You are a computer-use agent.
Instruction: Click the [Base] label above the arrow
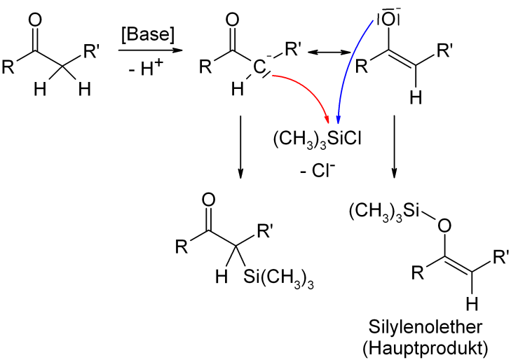coord(148,34)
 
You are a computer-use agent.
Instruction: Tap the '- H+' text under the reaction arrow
coord(146,67)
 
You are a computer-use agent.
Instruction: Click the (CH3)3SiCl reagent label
coord(317,140)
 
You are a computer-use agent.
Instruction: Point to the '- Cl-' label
coord(318,170)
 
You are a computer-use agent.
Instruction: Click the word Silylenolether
coord(425,327)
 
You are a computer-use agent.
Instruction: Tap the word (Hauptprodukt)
coord(425,348)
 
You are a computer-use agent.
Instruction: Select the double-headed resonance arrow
coord(329,52)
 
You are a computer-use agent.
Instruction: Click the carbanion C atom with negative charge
coord(260,67)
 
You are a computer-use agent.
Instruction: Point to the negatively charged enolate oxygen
coord(388,20)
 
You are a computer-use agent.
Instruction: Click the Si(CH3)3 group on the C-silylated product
coord(278,277)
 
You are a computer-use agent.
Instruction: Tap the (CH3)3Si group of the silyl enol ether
coord(383,211)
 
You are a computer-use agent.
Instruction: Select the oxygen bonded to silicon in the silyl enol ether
coord(444,226)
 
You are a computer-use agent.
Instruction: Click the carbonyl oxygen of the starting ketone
coord(35,20)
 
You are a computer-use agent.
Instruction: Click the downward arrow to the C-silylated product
coord(240,147)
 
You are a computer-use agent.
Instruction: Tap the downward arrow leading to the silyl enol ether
coord(394,146)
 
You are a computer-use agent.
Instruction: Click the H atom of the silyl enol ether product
coord(472,304)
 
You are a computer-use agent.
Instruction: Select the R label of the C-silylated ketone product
coord(182,246)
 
